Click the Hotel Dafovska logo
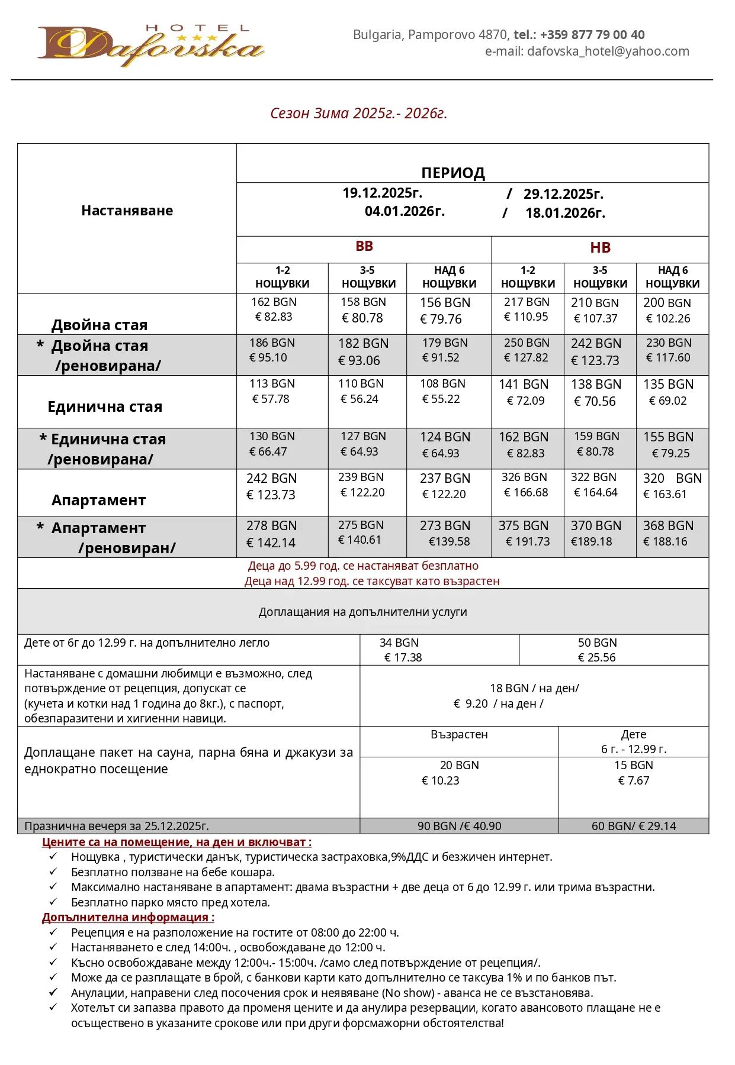(x=150, y=46)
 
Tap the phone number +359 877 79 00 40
(x=592, y=35)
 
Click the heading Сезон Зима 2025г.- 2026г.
(x=358, y=113)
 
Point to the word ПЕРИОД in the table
(x=453, y=173)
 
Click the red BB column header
(x=364, y=247)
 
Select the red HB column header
(x=600, y=248)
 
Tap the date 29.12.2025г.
(x=563, y=194)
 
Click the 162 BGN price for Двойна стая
(x=274, y=302)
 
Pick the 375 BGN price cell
(x=524, y=526)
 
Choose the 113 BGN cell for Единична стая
(x=272, y=384)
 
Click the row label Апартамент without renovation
(x=98, y=501)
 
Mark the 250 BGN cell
(x=527, y=343)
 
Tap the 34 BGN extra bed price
(x=399, y=643)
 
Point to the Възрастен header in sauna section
(x=459, y=735)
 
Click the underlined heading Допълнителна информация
(x=128, y=918)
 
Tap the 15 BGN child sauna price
(x=633, y=766)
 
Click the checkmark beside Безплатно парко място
(x=53, y=902)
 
